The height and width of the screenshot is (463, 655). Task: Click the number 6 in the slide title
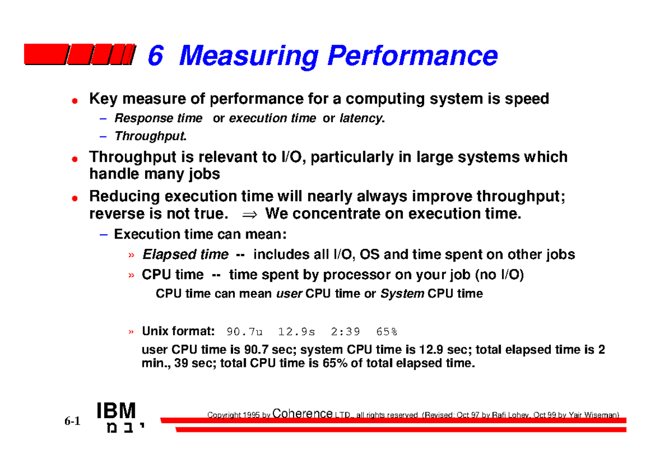point(156,56)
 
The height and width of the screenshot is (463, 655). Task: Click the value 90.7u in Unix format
point(245,331)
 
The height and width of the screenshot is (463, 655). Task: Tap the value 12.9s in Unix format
point(296,331)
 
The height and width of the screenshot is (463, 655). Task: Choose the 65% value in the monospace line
point(386,331)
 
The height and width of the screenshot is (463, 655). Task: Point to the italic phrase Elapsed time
point(185,254)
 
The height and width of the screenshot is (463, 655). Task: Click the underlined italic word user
point(289,294)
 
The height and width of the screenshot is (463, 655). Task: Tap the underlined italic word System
point(402,294)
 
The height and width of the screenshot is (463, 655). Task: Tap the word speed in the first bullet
point(526,99)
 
